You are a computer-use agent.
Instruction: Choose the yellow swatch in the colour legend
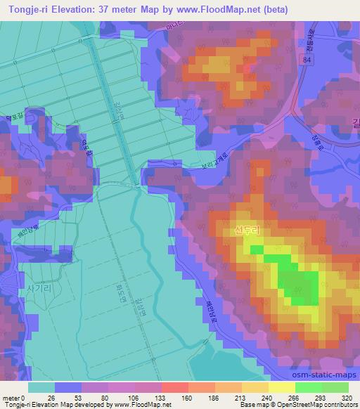[x=281, y=387]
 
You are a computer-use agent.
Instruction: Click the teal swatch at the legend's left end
[x=41, y=387]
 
